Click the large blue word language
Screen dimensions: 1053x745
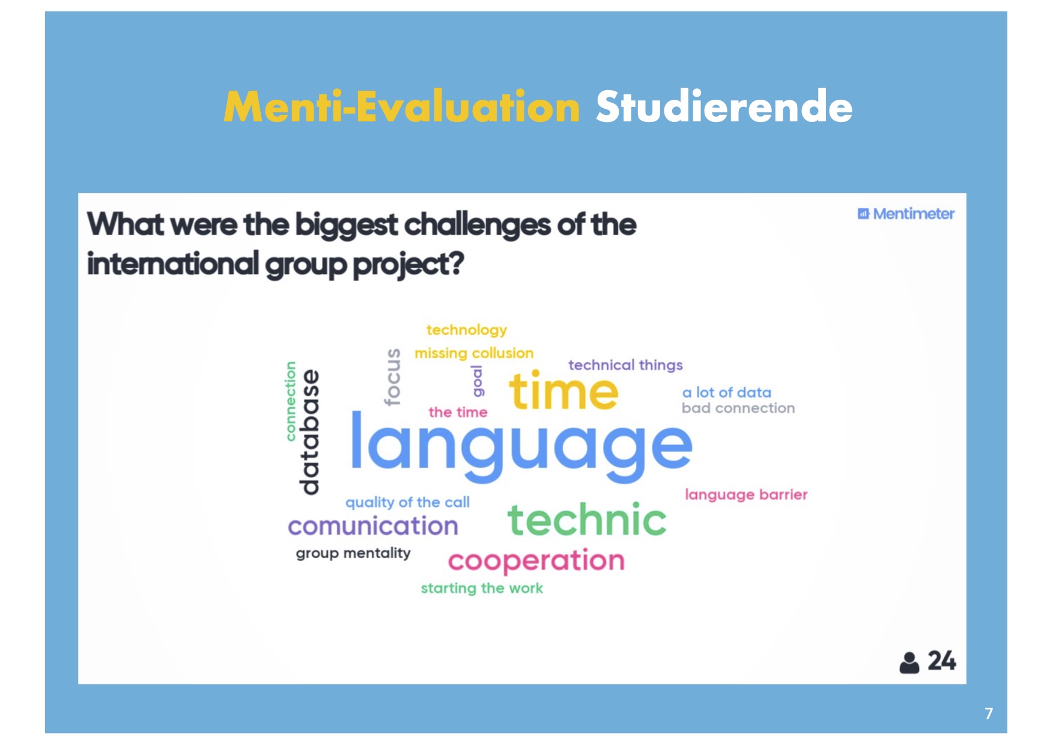click(521, 448)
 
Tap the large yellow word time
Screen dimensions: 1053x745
click(563, 391)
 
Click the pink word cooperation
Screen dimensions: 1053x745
click(536, 561)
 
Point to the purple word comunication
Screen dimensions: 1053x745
click(373, 526)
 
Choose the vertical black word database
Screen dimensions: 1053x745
click(309, 432)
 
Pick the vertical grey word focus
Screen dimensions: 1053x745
click(392, 377)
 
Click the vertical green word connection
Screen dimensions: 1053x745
click(291, 401)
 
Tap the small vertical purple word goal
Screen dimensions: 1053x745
click(478, 381)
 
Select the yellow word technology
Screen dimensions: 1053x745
click(467, 330)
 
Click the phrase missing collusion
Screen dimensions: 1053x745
click(474, 353)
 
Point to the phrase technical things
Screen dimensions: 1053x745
click(625, 365)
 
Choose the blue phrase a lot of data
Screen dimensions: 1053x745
click(727, 392)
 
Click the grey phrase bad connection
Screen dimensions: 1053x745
click(738, 408)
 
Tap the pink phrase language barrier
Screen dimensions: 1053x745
click(746, 494)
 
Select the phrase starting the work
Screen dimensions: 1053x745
click(482, 588)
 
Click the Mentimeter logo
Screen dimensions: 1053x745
click(906, 214)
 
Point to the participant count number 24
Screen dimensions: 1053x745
click(942, 661)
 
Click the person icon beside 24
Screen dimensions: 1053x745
click(909, 663)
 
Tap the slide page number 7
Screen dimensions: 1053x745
click(989, 713)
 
